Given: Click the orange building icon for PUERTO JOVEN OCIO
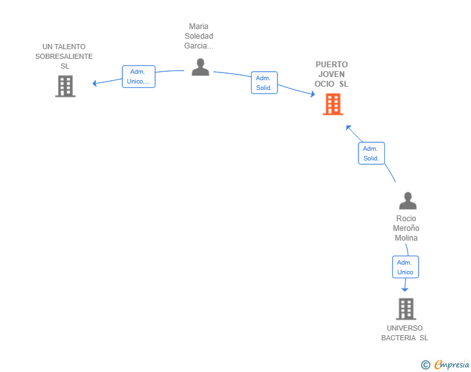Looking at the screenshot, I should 333,104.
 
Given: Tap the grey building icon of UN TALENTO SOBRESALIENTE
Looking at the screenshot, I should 65,86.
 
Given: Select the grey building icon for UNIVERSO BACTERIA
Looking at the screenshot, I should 406,309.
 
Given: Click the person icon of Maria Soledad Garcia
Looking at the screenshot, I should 201,67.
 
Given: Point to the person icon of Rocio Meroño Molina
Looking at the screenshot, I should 407,201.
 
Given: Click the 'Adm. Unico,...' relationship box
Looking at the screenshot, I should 138,76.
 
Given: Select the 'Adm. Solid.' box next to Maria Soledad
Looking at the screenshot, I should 264,83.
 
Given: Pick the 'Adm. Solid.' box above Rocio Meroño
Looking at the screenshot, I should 371,153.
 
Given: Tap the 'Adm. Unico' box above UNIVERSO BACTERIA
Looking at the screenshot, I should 405,267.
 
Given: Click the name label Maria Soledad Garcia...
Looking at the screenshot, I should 199,36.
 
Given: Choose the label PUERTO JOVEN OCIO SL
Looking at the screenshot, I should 331,74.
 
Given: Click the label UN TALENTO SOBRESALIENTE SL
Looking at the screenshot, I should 64,56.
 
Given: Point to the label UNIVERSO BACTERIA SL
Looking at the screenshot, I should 404,333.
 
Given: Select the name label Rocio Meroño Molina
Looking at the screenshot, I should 406,228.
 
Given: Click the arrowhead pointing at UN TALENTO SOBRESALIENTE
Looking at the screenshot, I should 94,83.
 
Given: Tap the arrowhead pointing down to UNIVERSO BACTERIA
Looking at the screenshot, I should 405,289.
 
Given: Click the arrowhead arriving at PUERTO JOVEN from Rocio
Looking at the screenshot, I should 348,127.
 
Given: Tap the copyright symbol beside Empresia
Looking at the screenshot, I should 426,365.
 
